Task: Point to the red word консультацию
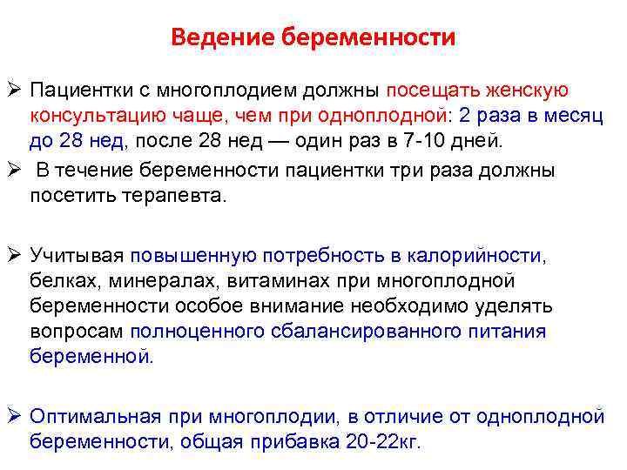pyautogui.click(x=95, y=116)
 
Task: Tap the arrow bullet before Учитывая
pyautogui.click(x=14, y=255)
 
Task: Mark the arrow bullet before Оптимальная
pyautogui.click(x=14, y=415)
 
